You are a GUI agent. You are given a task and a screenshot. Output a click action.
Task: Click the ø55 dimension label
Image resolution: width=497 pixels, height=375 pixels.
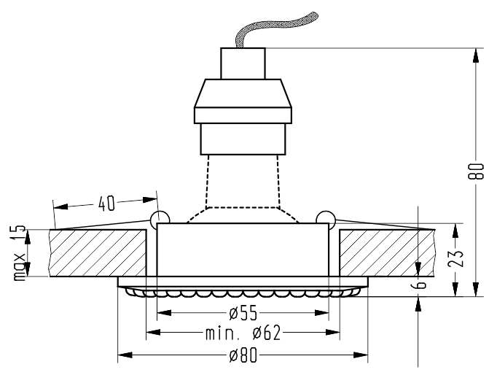pyautogui.click(x=243, y=314)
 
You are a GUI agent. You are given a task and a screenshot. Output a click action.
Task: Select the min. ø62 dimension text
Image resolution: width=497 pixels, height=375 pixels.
pyautogui.click(x=243, y=333)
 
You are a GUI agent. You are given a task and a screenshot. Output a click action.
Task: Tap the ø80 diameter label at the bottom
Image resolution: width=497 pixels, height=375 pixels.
pyautogui.click(x=243, y=355)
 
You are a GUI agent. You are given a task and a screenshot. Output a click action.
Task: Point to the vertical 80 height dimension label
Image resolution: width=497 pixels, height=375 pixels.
pyautogui.click(x=476, y=171)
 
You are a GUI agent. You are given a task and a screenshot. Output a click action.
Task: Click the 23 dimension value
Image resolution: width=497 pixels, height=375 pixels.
pyautogui.click(x=455, y=258)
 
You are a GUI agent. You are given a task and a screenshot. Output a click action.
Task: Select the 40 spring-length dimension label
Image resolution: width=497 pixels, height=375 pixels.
pyautogui.click(x=106, y=204)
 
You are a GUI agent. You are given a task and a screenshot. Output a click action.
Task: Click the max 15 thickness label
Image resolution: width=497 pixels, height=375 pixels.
pyautogui.click(x=20, y=253)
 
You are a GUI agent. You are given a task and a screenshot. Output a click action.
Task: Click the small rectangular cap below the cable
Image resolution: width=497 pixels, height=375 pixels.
pyautogui.click(x=243, y=63)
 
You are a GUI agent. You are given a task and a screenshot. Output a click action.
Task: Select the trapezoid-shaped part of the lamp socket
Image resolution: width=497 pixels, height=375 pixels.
pyautogui.click(x=243, y=93)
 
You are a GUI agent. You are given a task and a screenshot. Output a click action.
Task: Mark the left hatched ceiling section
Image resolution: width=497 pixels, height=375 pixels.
pyautogui.click(x=98, y=253)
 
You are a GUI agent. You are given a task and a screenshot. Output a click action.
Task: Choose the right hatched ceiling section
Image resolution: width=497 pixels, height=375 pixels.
pyautogui.click(x=387, y=253)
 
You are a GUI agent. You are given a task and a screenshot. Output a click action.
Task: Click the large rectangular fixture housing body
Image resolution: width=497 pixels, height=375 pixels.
pyautogui.click(x=243, y=250)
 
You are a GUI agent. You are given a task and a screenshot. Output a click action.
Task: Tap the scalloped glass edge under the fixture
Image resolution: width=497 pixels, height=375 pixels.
pyautogui.click(x=243, y=293)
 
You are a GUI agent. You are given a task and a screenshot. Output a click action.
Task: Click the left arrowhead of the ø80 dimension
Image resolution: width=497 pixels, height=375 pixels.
pyautogui.click(x=125, y=355)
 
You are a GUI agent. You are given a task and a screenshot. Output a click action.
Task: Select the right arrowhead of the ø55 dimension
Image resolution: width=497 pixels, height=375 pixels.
pyautogui.click(x=321, y=313)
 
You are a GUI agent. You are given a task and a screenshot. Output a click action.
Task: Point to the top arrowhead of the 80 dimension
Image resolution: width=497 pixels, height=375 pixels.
pyautogui.click(x=476, y=56)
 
